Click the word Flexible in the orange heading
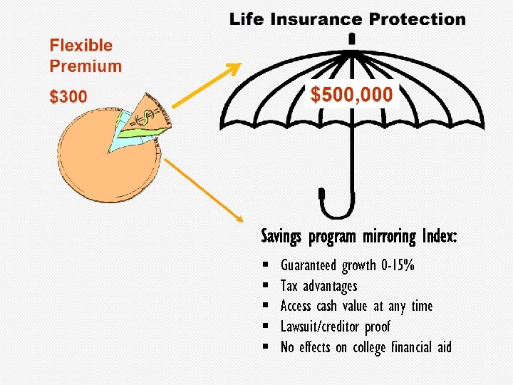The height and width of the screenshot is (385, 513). point(81,46)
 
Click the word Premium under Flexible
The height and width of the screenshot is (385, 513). point(85,66)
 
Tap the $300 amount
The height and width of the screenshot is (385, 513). point(68,97)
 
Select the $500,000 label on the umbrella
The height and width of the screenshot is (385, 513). point(351,93)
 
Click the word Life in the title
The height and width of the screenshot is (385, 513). point(247,19)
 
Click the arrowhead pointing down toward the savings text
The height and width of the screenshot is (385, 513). point(238,217)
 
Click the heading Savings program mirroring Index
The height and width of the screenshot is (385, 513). point(359,236)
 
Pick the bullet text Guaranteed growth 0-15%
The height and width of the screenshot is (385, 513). point(348,266)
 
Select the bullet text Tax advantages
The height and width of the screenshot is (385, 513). point(318,286)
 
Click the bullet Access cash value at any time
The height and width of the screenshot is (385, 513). point(356,306)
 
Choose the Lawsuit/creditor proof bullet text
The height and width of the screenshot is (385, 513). point(336,327)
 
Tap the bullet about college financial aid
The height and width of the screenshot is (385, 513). point(366,347)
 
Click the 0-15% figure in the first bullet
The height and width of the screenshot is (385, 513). point(398,266)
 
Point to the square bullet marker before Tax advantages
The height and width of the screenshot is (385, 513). point(264,287)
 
